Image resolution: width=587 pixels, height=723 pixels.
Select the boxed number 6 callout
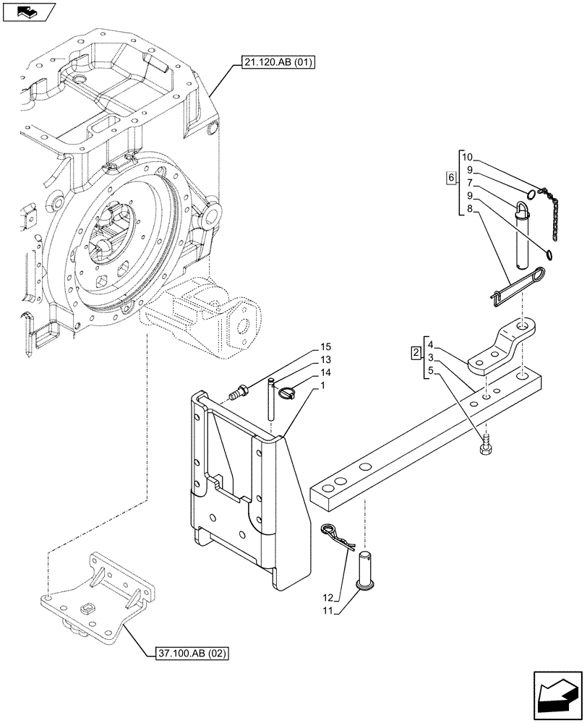point(451,178)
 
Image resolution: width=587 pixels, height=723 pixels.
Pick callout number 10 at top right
point(466,157)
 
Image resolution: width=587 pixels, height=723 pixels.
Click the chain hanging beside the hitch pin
point(552,217)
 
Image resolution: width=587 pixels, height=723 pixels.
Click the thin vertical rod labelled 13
point(270,398)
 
